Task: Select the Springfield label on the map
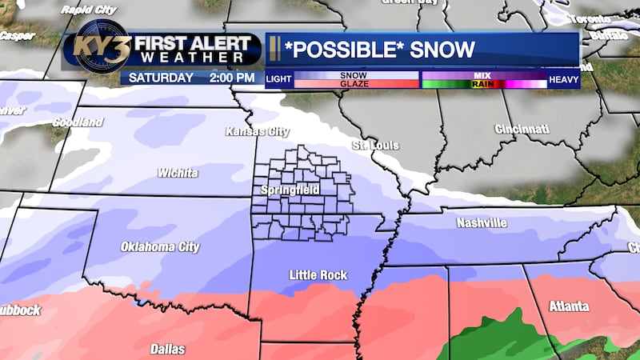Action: [290, 190]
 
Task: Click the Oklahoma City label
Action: [159, 247]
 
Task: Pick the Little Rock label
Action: [318, 275]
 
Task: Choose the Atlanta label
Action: [570, 306]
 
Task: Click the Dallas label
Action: [167, 349]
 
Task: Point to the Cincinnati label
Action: [522, 129]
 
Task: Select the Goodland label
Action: [78, 122]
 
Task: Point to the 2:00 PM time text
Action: [231, 78]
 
